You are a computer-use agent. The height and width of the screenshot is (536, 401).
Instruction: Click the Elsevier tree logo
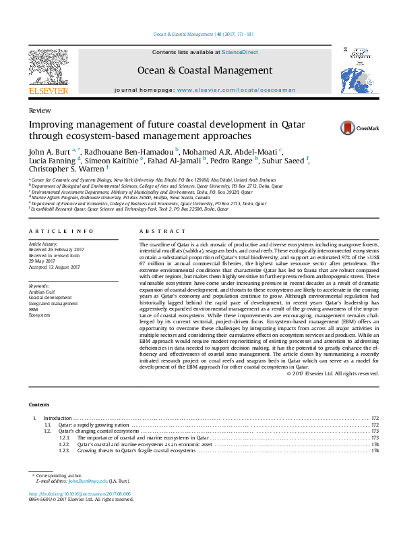(x=48, y=68)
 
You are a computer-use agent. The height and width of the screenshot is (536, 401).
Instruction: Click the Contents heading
(x=40, y=404)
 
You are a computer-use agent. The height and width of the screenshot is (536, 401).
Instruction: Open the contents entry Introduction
(x=57, y=419)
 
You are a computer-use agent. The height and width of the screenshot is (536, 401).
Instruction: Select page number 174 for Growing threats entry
(x=375, y=451)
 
